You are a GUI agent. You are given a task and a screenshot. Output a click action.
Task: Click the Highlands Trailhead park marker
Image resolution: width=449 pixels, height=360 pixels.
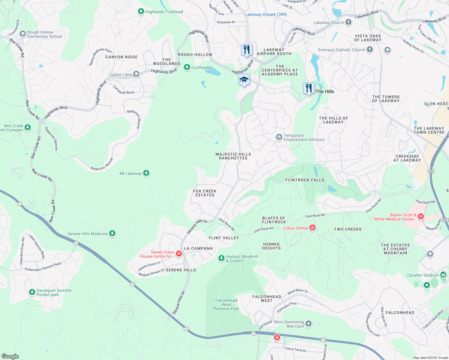(141, 11)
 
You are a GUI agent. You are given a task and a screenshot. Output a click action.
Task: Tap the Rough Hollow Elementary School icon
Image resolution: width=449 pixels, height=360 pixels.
(23, 34)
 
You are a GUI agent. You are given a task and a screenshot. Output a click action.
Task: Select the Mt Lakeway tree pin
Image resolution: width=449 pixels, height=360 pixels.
(146, 173)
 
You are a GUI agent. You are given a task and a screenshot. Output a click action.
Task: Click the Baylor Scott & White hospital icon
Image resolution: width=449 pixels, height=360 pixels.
(421, 216)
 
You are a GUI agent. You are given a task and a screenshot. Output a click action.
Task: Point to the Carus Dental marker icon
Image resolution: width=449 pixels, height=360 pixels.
(312, 228)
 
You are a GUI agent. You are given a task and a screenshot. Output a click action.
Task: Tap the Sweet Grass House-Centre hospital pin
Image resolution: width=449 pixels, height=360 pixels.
(179, 254)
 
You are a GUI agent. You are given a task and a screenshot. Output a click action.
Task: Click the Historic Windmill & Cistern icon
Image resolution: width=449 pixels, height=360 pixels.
(221, 258)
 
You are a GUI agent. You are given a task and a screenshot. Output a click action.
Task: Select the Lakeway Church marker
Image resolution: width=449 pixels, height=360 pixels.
(348, 22)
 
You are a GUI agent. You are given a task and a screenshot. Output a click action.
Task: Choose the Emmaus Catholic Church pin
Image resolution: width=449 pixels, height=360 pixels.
(370, 49)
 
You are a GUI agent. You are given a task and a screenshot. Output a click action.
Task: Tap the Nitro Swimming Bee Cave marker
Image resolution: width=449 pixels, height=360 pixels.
(309, 324)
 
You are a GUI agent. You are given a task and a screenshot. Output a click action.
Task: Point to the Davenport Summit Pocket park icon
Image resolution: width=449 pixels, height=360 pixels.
(32, 292)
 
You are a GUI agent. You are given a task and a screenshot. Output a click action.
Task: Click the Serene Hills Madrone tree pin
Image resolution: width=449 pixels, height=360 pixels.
(112, 233)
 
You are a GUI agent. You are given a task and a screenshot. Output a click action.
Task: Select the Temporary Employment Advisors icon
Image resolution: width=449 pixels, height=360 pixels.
(279, 137)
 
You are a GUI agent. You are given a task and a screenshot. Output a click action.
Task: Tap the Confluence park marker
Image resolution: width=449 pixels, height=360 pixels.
(187, 67)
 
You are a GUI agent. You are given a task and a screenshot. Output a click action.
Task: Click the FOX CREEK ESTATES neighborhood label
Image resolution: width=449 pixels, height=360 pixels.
(205, 193)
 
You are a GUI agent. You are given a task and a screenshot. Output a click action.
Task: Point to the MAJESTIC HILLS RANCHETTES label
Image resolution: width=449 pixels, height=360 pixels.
(233, 156)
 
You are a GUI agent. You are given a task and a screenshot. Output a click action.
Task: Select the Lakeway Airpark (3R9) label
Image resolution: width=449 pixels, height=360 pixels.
(266, 14)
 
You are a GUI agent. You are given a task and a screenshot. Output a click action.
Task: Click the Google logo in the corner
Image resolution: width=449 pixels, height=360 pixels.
(10, 356)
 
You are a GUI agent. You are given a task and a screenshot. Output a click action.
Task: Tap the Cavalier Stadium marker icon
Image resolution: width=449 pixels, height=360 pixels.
(443, 275)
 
